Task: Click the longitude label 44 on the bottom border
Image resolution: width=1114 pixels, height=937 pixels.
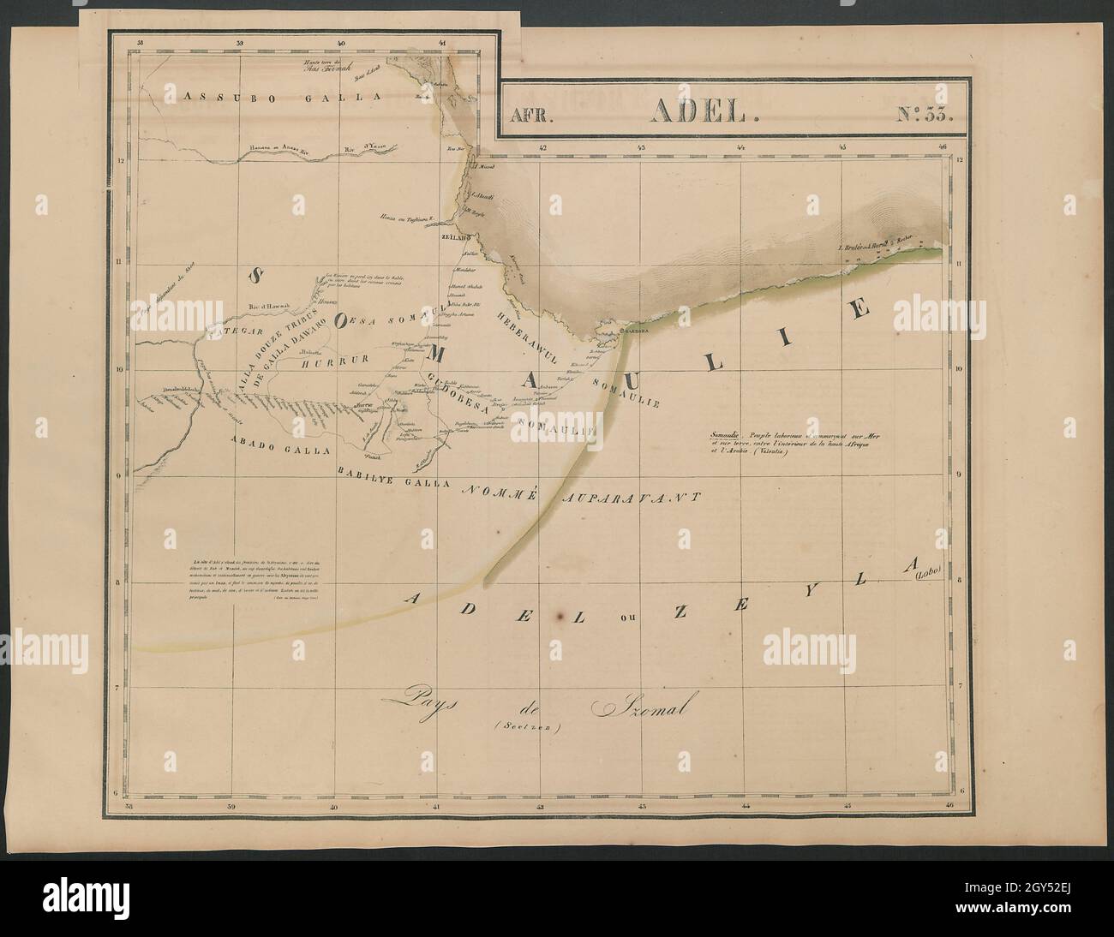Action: [746, 806]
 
